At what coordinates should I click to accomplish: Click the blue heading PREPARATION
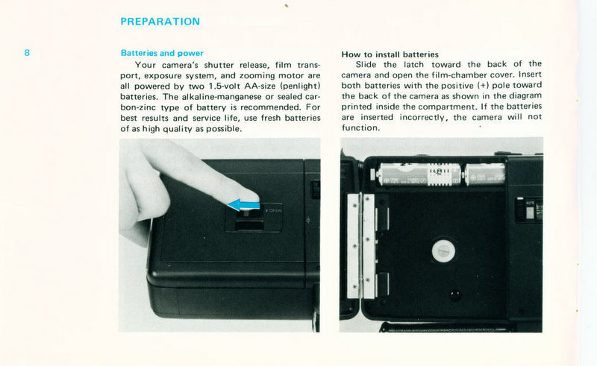[160, 22]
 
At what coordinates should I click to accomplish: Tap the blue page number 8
[27, 52]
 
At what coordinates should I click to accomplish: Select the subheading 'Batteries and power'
[162, 53]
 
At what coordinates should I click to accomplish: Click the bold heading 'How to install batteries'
[390, 54]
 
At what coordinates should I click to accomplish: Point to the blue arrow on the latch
[243, 205]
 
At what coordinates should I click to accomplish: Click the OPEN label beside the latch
[274, 210]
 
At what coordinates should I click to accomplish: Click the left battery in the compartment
[419, 174]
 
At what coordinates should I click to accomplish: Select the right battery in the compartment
[484, 174]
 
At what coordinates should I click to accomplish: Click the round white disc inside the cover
[443, 251]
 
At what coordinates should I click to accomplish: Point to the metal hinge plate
[361, 246]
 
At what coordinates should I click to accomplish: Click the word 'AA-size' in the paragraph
[260, 86]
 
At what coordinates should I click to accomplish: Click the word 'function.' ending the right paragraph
[360, 127]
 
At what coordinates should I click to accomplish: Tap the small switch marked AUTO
[530, 209]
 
